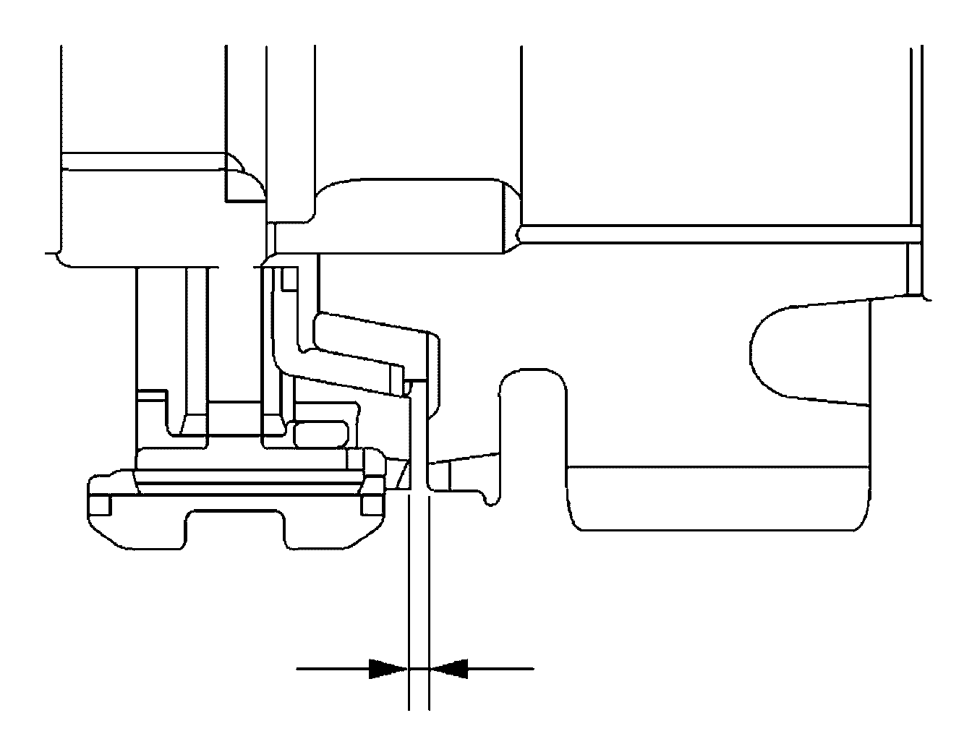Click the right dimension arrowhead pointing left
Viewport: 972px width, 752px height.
tap(449, 668)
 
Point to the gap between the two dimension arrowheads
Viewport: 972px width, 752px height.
tap(419, 668)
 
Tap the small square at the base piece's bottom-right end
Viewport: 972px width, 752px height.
tap(373, 504)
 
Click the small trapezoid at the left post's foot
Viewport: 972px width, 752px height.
tap(195, 424)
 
